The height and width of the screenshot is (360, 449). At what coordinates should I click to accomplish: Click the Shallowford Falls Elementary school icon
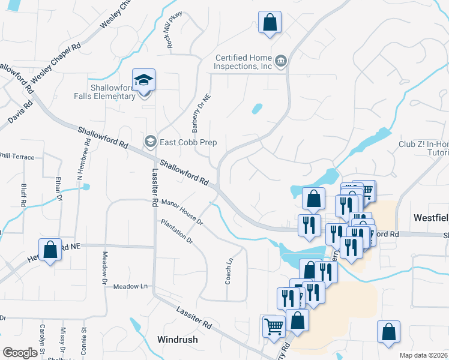[144, 80]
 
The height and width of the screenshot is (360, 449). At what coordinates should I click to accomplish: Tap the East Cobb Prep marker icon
[149, 142]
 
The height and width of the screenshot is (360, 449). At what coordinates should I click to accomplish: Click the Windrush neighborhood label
[177, 340]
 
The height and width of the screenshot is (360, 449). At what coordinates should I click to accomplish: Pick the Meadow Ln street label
[130, 287]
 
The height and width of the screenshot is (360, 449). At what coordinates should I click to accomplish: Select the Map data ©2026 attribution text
[423, 355]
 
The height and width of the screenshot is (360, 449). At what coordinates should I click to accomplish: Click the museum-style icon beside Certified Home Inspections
[281, 61]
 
